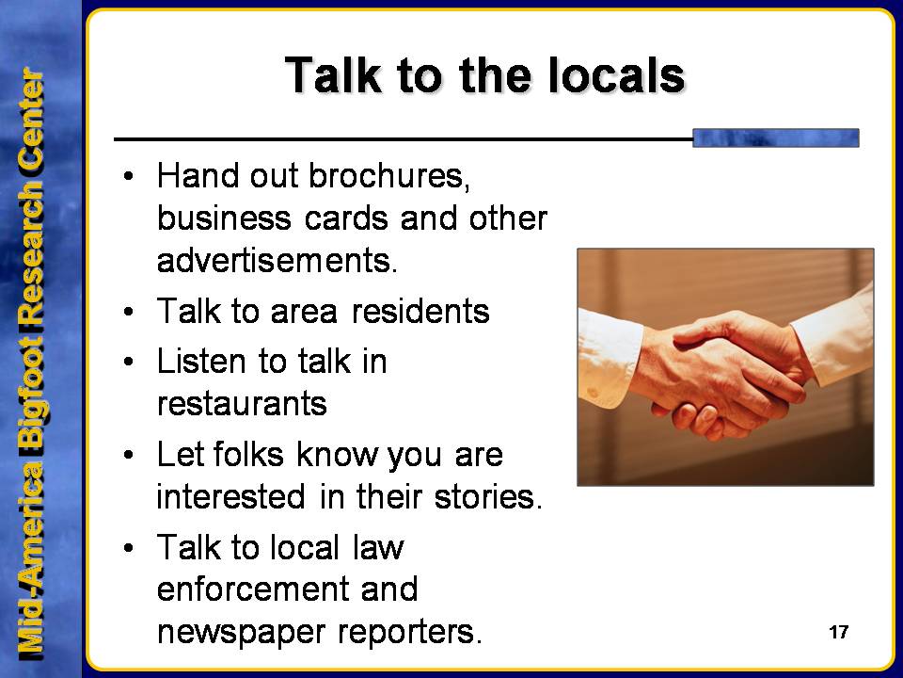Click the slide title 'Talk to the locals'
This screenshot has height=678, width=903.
(485, 75)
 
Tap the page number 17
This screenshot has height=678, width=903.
(838, 633)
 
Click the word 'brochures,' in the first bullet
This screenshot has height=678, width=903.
(389, 175)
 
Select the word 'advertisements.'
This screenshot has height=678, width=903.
(277, 261)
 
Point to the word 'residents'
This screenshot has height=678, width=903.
(420, 312)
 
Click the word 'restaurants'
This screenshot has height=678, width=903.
(242, 404)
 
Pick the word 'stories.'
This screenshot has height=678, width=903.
(488, 496)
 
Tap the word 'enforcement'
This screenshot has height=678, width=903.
(253, 589)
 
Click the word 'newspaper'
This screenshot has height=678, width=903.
(242, 633)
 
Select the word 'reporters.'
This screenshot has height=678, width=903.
(409, 633)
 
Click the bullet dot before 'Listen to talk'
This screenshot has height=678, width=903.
(128, 362)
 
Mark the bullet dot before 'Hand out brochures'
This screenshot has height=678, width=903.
(128, 175)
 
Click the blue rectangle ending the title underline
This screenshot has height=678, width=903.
(776, 137)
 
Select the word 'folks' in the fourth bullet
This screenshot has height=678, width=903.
(248, 454)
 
